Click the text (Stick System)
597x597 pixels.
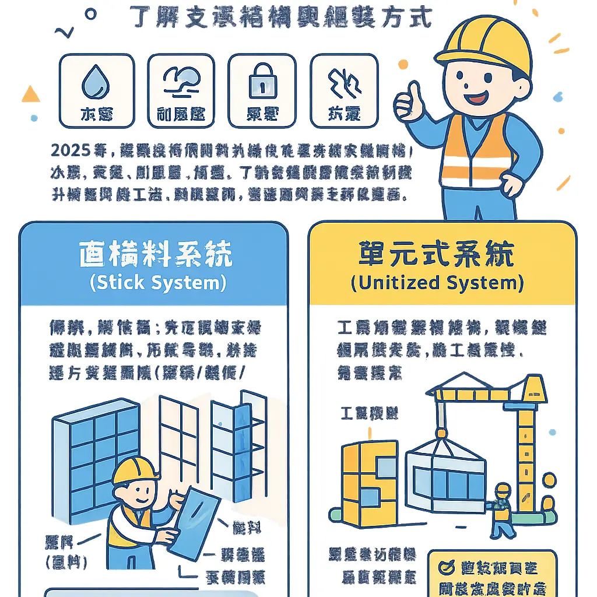pos(157,283)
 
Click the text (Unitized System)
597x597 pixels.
pos(437,283)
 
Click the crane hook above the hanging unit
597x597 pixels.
pos(441,433)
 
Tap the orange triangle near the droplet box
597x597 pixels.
pos(30,94)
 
